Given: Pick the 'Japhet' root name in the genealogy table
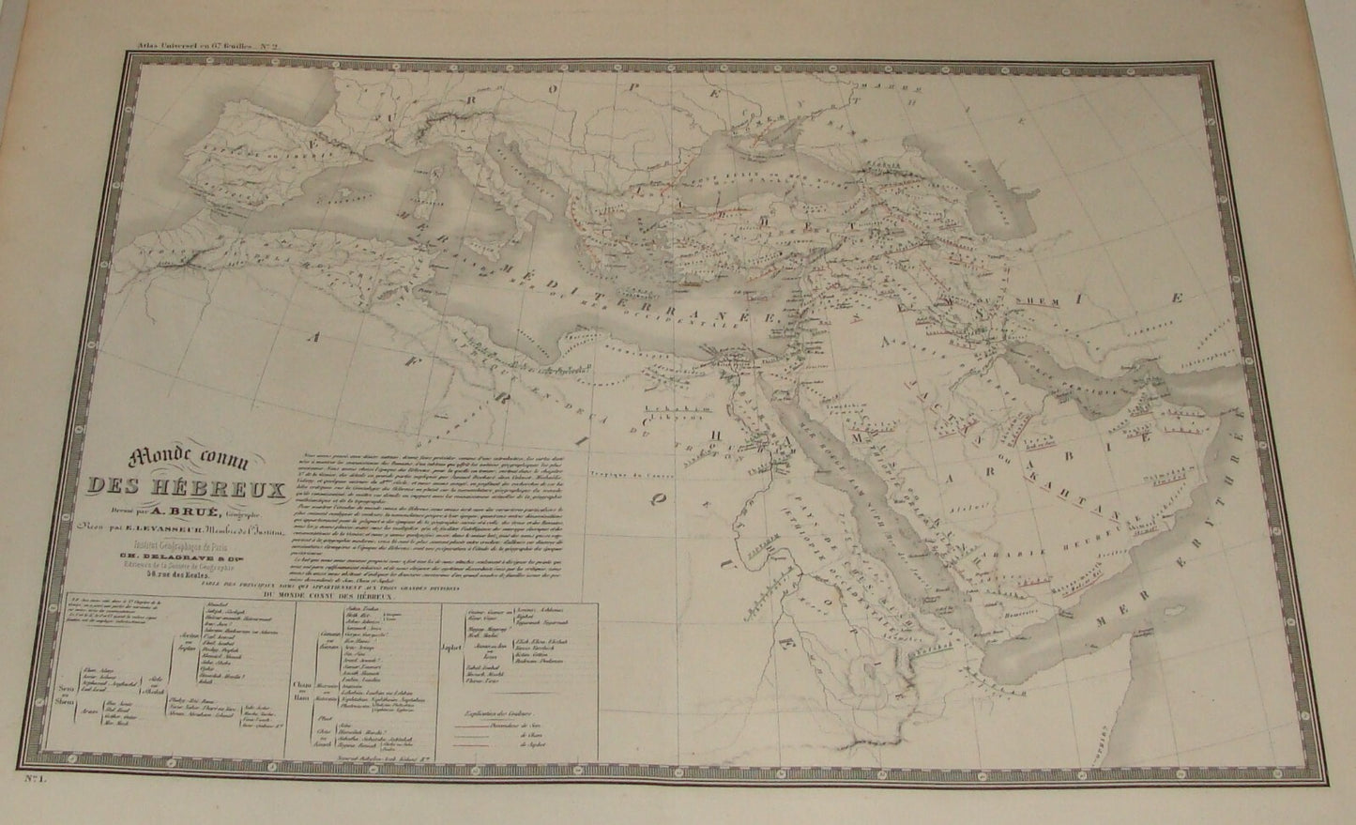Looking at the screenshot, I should [444, 670].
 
